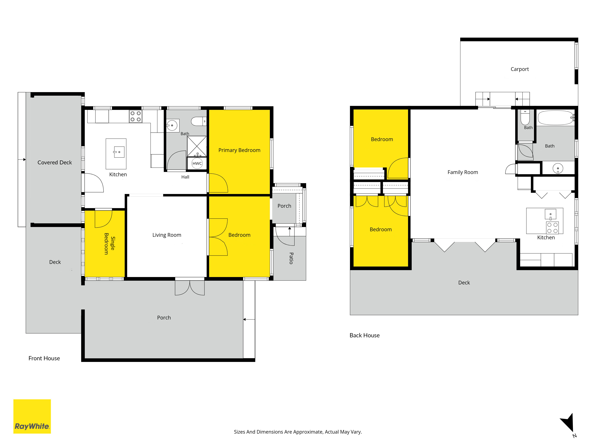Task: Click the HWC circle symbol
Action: (x=197, y=163)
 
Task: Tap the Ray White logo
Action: (x=32, y=416)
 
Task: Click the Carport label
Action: (x=519, y=69)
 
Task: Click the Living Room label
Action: (x=167, y=235)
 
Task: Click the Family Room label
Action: (x=463, y=172)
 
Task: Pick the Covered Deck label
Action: (x=55, y=162)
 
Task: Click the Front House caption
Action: (x=44, y=358)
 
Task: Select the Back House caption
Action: (x=365, y=335)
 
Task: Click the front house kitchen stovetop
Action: (x=136, y=116)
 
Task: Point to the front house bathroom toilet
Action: (x=199, y=121)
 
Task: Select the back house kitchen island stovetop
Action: (x=552, y=228)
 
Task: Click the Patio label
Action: (x=291, y=258)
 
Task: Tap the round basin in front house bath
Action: (x=172, y=125)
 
